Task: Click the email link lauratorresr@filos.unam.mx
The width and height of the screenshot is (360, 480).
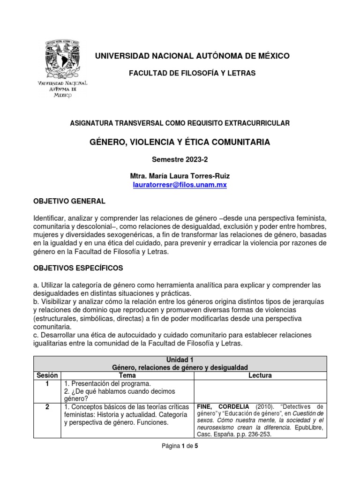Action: pyautogui.click(x=180, y=185)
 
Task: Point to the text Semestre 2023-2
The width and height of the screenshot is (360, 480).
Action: pyautogui.click(x=180, y=159)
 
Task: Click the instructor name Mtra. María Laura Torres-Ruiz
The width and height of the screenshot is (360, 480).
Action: pyautogui.click(x=180, y=176)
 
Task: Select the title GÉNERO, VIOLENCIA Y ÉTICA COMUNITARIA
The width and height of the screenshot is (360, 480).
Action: pyautogui.click(x=180, y=142)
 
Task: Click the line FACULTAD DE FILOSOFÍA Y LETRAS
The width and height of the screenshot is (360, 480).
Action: pyautogui.click(x=192, y=74)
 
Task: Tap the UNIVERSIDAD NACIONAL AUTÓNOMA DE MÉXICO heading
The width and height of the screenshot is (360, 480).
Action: pyautogui.click(x=192, y=56)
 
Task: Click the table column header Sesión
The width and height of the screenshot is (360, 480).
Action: pyautogui.click(x=46, y=375)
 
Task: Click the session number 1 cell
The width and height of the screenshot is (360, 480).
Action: pyautogui.click(x=46, y=384)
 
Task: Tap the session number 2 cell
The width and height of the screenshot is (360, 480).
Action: pyautogui.click(x=46, y=406)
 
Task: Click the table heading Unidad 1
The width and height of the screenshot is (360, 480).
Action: pyautogui.click(x=180, y=360)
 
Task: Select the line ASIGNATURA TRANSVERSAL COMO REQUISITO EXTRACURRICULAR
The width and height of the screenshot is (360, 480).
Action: pyautogui.click(x=180, y=123)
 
